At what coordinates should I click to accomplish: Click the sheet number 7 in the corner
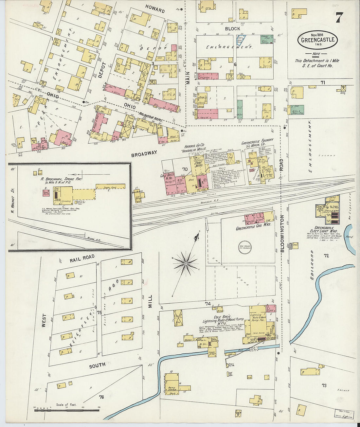pos(339,17)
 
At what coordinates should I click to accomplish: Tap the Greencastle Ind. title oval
pos(317,40)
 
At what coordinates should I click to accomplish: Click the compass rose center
pos(186,263)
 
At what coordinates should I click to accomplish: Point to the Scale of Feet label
pos(66,404)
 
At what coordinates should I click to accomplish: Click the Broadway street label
pos(144,153)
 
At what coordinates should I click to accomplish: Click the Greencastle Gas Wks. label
pos(253,229)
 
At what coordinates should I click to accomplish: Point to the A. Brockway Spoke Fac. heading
pos(61,179)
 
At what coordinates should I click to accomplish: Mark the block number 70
pos(185,169)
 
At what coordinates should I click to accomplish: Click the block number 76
pos(101,397)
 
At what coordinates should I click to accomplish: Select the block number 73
pos(324,385)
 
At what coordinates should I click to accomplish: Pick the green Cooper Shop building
pos(267,39)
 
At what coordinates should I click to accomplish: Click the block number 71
pos(323,82)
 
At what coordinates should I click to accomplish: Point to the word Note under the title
pos(316,54)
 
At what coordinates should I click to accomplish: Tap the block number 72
pos(326,255)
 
